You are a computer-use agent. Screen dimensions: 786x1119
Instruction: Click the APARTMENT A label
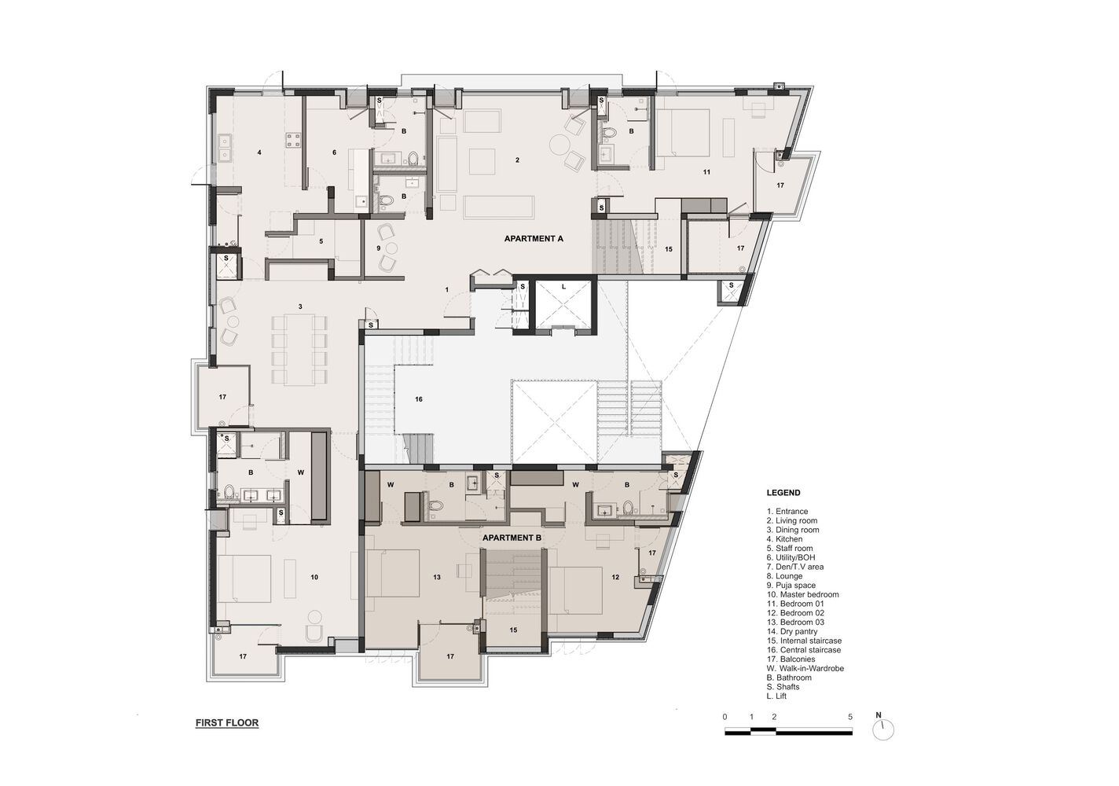(x=534, y=238)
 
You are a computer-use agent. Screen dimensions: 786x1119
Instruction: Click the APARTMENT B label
(x=512, y=538)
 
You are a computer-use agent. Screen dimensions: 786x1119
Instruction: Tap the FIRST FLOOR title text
(x=227, y=722)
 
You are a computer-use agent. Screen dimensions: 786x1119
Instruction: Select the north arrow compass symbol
(x=883, y=729)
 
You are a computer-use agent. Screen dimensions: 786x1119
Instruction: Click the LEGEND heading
(x=783, y=493)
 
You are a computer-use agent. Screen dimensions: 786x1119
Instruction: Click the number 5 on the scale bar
(x=851, y=717)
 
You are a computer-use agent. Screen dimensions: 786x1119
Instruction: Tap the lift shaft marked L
(x=563, y=302)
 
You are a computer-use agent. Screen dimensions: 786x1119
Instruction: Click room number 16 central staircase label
(x=419, y=399)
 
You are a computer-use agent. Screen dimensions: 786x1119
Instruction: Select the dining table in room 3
(x=299, y=349)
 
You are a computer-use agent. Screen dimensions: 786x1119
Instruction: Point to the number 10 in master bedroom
(x=314, y=577)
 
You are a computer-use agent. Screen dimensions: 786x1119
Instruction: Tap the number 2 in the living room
(x=517, y=160)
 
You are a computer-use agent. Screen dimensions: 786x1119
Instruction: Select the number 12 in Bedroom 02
(x=615, y=578)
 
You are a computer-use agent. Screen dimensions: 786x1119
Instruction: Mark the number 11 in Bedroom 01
(x=706, y=171)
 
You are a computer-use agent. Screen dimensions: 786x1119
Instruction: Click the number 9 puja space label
(x=378, y=248)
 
